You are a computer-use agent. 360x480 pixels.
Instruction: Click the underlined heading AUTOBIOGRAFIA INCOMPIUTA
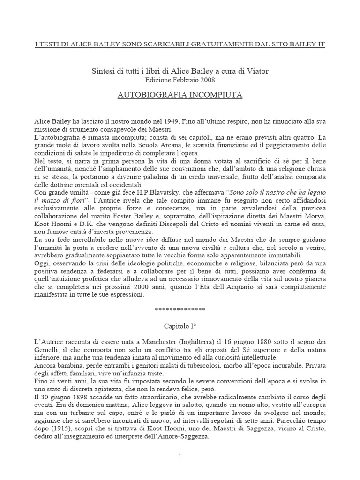pos(180,95)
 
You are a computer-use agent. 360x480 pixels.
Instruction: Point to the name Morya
pos(314,208)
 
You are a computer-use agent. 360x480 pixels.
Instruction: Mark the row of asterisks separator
pos(180,310)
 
